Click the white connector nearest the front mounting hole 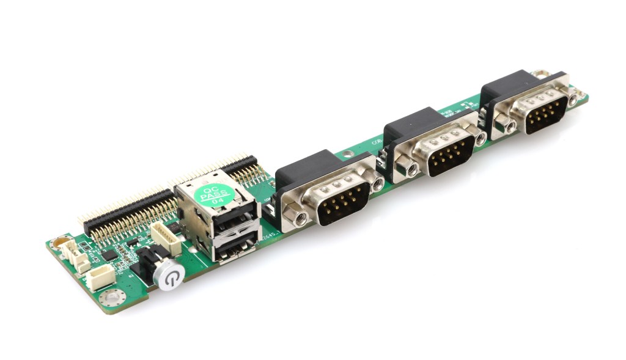[x=98, y=277]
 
